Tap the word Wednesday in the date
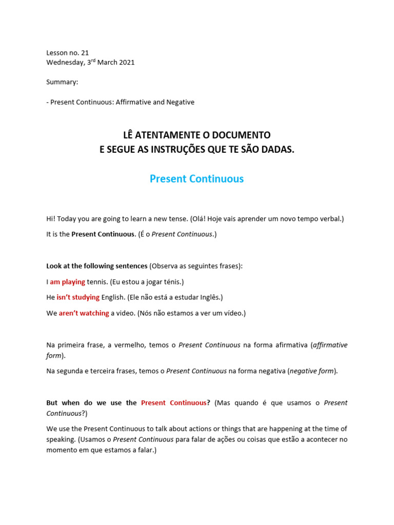tap(64, 63)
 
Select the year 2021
tap(126, 63)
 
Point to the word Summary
tap(62, 82)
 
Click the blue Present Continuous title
tap(196, 179)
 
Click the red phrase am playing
tap(67, 282)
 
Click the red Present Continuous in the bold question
tap(173, 403)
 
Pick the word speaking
tap(61, 439)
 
